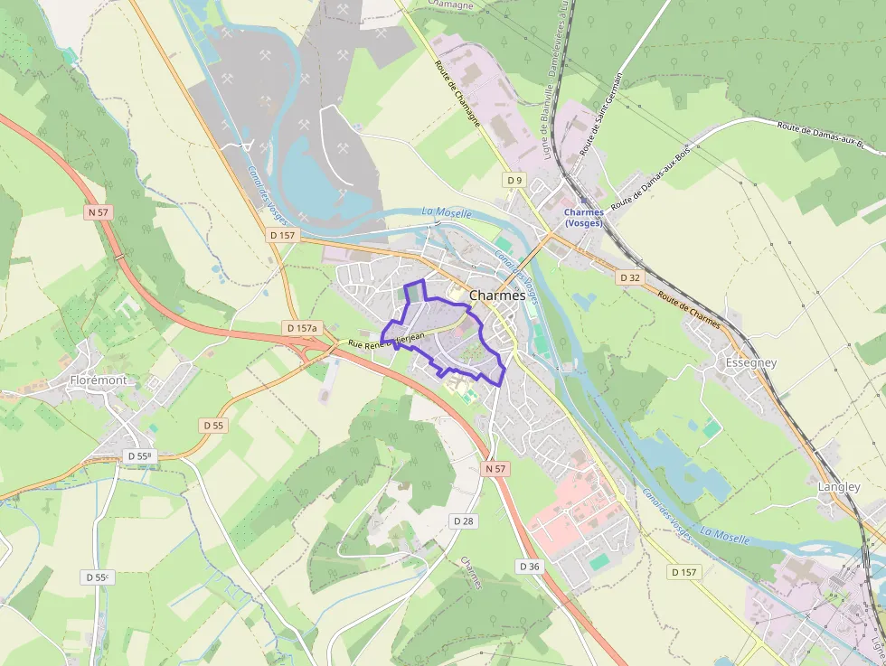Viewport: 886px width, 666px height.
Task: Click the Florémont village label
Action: (x=99, y=380)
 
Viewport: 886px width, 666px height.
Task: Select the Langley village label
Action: (x=838, y=486)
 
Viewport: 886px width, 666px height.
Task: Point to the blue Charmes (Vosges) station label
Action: (x=583, y=218)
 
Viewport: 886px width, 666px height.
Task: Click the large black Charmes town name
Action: (x=497, y=295)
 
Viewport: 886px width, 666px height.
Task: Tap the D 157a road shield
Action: (x=301, y=327)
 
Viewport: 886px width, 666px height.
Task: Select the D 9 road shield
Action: (x=514, y=180)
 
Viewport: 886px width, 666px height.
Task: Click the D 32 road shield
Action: (x=630, y=277)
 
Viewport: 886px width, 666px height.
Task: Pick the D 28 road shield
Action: (x=463, y=521)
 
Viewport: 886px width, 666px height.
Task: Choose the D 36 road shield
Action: (x=530, y=566)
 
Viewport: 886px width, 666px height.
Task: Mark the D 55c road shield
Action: (x=97, y=577)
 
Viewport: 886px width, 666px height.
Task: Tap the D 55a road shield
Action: (x=139, y=456)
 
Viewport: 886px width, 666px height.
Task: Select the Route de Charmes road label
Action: (x=689, y=309)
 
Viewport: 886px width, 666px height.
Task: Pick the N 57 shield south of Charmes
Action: (x=495, y=468)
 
